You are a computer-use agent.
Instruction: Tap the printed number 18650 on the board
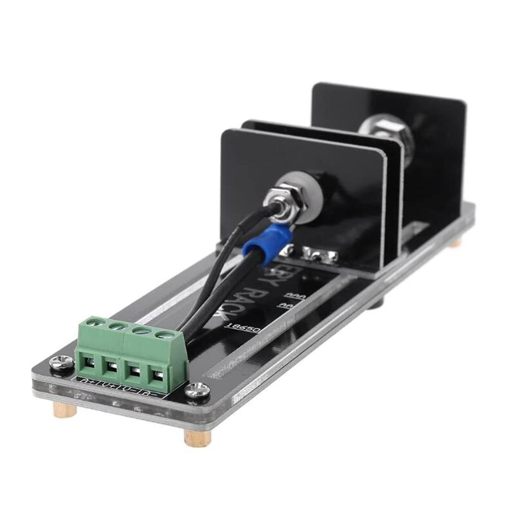click(242, 328)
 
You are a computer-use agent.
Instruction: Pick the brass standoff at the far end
click(456, 242)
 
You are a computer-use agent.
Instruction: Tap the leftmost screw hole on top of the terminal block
click(99, 324)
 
